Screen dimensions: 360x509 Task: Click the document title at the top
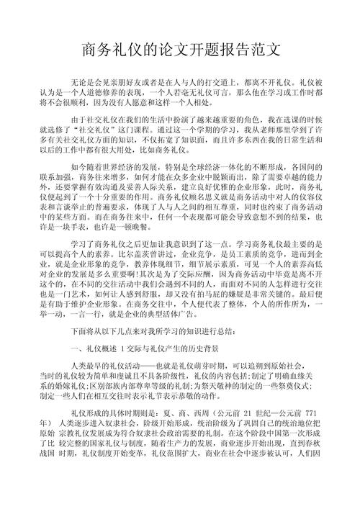[180, 51]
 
